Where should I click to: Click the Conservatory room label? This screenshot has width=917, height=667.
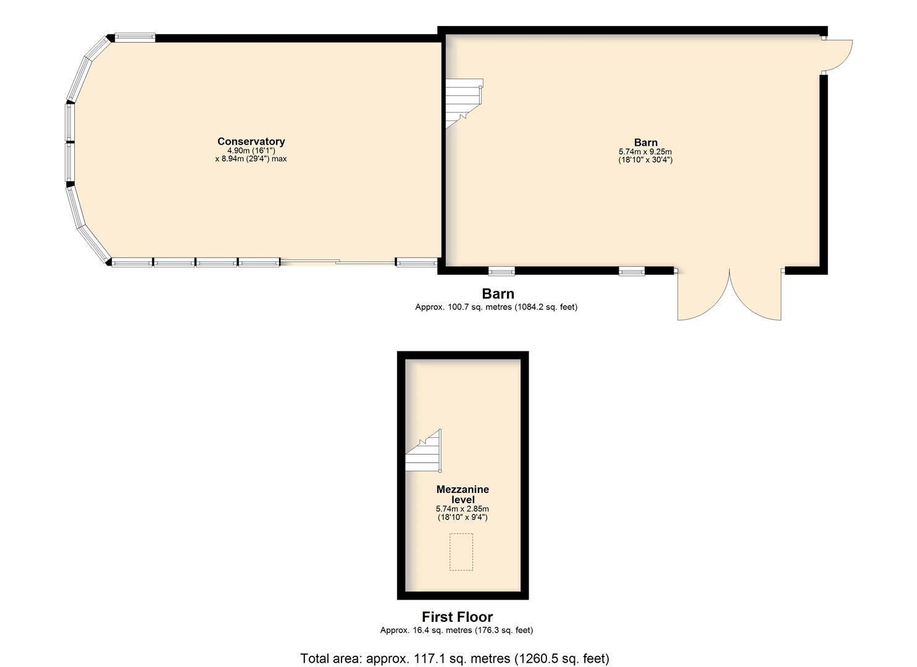coord(251,141)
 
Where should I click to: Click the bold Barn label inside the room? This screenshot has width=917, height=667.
coord(645,143)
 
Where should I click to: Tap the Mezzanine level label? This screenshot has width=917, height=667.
coord(463,494)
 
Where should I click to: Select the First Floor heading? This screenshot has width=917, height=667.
coord(458,616)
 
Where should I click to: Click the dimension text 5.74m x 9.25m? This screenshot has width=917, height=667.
coord(645,151)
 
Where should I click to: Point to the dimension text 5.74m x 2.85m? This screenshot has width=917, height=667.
coord(463,509)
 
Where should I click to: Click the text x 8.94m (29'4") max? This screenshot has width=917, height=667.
coord(251,159)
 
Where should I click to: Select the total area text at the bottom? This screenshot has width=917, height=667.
coord(455,658)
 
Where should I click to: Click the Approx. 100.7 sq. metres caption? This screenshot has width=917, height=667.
coord(496,307)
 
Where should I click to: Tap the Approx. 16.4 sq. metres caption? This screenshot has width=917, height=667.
coord(456,630)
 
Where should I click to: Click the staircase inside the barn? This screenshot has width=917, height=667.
coord(464,103)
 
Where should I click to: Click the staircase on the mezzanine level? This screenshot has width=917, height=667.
coord(423,450)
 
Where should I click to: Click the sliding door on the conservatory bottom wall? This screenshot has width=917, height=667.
coord(338,262)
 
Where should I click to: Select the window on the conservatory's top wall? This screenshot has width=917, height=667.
coord(135,38)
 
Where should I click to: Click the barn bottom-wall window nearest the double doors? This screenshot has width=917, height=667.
coord(632,271)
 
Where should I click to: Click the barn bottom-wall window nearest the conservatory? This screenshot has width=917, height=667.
coord(501,271)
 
